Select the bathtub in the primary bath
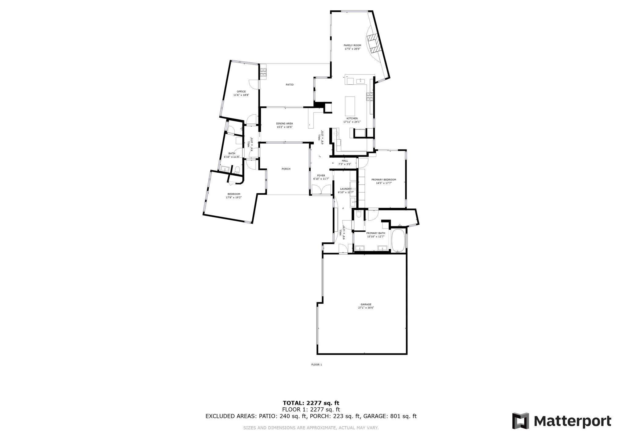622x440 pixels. [398, 240]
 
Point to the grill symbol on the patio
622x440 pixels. [263, 73]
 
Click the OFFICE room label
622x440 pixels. [241, 91]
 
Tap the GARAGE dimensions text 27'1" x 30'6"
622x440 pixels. [366, 308]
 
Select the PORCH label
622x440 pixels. [286, 169]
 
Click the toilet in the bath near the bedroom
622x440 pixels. [237, 170]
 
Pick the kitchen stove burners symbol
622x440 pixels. [370, 97]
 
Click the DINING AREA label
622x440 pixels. [284, 123]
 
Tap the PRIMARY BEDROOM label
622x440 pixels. [383, 180]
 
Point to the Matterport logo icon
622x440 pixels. [521, 421]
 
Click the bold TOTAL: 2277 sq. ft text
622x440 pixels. [311, 403]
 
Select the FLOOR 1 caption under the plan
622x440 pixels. [316, 365]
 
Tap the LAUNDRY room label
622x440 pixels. [346, 189]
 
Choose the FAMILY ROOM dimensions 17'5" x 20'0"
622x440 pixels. [352, 49]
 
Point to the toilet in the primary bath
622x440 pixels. [359, 214]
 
